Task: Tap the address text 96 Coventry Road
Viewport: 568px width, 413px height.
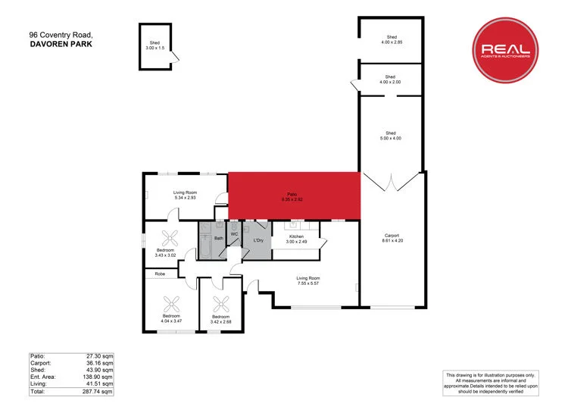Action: click(x=61, y=35)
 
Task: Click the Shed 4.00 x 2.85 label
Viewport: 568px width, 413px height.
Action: click(x=392, y=39)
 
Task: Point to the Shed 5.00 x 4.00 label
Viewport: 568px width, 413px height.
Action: click(x=390, y=136)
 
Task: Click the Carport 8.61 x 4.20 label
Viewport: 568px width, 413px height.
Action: click(x=392, y=237)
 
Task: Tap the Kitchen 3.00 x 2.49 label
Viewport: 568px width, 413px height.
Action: click(x=295, y=239)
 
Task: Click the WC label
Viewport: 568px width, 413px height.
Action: click(x=235, y=234)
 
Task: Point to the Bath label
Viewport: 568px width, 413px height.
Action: click(x=218, y=239)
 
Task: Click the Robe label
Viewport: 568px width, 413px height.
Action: click(x=160, y=274)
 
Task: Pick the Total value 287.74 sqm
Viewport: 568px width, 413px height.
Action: click(x=97, y=392)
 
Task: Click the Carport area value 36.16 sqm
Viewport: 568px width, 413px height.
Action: click(x=97, y=362)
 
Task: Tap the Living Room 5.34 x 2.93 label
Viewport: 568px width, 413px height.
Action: click(x=185, y=196)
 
